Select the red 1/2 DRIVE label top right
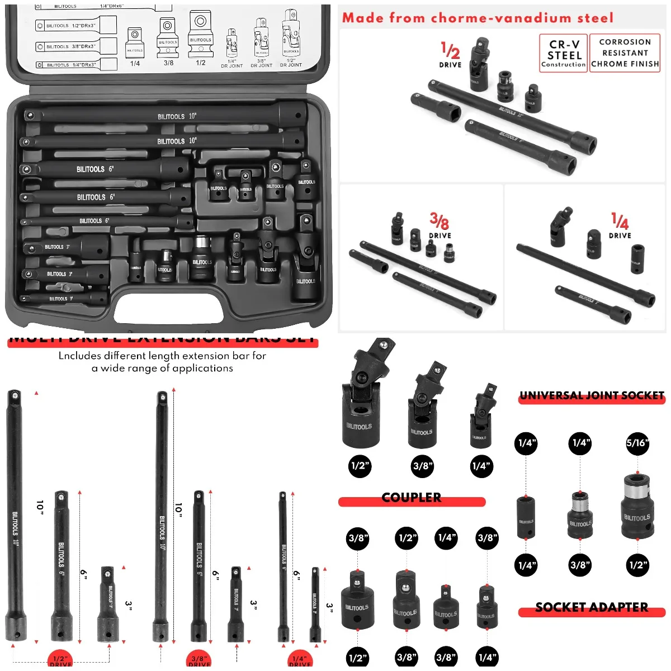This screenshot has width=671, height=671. click(x=450, y=55)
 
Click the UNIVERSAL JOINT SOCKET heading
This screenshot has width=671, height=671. click(x=592, y=396)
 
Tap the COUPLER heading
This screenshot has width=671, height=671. click(x=412, y=498)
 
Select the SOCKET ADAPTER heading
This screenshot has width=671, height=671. click(x=592, y=608)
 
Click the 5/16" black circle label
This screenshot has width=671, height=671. click(x=637, y=443)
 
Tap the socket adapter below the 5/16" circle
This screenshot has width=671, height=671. click(x=637, y=506)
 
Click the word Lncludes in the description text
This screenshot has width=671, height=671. click(x=80, y=356)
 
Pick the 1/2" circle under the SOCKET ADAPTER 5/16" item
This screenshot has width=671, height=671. click(x=637, y=565)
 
